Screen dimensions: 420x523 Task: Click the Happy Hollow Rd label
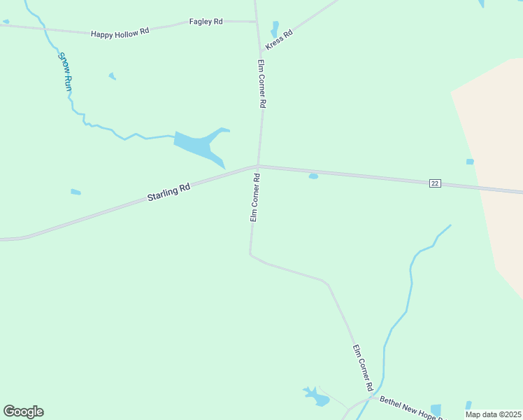[x=120, y=32]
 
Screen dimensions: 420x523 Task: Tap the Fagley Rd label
[x=206, y=22]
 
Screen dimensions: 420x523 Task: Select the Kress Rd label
[x=278, y=40]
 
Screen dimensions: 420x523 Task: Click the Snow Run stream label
[x=65, y=73]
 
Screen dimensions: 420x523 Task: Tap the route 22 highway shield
[x=435, y=183]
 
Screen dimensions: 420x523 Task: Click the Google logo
[x=23, y=412]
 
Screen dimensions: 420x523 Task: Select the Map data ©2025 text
[x=493, y=414]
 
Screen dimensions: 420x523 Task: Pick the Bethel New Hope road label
[x=413, y=408]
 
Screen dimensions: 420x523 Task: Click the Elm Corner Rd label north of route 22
[x=261, y=83]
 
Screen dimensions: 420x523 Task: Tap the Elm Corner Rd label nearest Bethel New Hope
[x=362, y=368]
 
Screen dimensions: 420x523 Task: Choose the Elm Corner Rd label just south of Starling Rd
[x=255, y=199]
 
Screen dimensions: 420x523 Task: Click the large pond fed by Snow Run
[x=199, y=146]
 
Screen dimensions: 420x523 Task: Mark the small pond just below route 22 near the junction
[x=313, y=176]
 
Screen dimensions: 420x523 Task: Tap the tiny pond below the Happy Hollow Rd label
[x=112, y=76]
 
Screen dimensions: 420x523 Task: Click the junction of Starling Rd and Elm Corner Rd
[x=258, y=166]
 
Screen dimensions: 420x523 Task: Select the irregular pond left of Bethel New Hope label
[x=317, y=397]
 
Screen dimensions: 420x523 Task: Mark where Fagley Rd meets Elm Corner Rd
[x=257, y=22]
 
